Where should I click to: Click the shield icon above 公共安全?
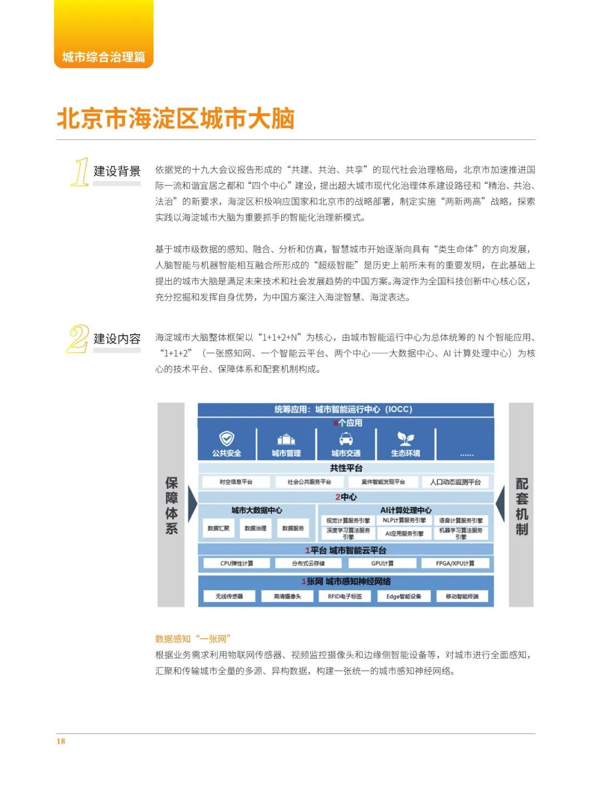226,438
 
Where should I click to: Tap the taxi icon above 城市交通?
346,439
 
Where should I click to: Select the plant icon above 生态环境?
406,438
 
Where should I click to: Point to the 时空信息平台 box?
236,482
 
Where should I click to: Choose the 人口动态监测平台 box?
455,482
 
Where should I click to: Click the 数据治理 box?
255,528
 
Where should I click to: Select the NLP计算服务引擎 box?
404,520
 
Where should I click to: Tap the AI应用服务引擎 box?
404,534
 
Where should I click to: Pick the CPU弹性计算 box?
237,563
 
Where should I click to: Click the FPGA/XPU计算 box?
455,563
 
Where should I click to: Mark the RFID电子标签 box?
345,596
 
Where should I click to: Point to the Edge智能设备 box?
403,596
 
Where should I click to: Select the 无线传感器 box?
229,596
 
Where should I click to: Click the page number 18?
60,741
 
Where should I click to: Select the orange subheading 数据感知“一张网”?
193,638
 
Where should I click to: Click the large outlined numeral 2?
78,338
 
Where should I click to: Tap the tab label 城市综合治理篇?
104,57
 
